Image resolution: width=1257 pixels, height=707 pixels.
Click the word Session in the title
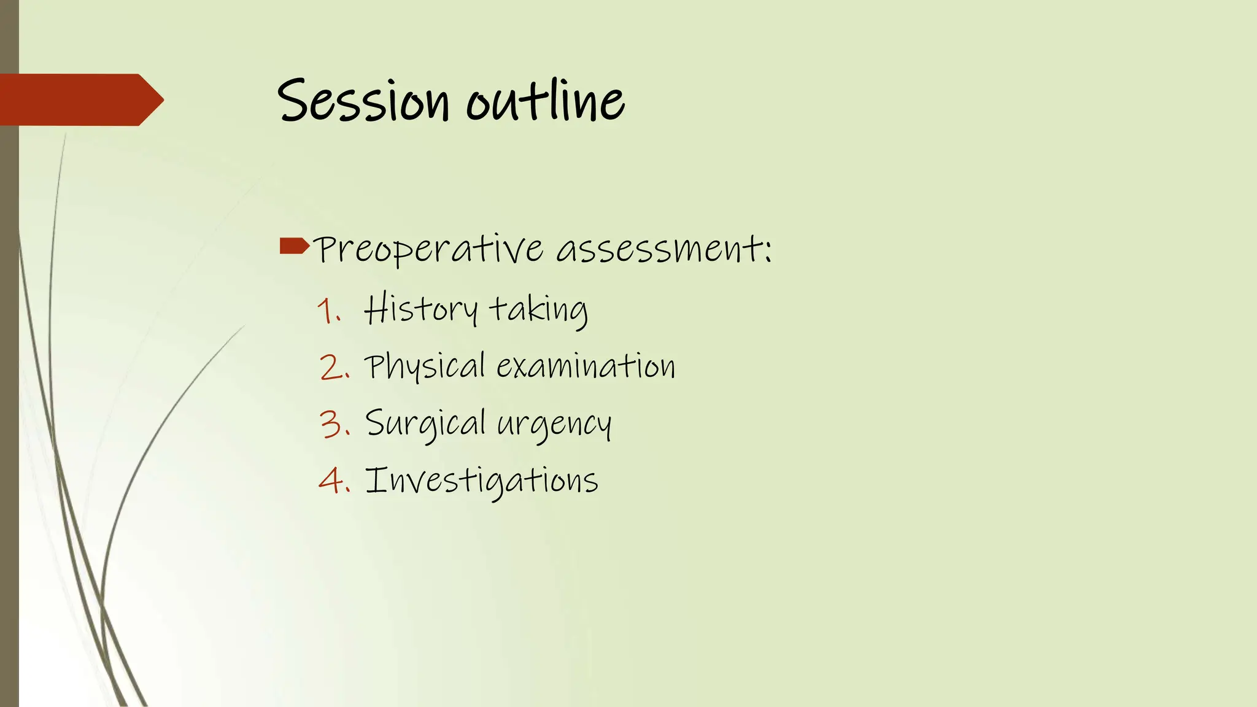[363, 101]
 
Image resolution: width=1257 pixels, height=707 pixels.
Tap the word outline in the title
[545, 101]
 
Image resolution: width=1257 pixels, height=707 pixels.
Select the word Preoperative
[428, 250]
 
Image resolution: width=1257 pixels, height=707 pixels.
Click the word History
[420, 309]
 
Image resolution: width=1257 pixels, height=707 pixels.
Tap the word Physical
[425, 367]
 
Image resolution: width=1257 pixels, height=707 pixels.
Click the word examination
[586, 366]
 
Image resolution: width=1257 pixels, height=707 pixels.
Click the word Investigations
[481, 481]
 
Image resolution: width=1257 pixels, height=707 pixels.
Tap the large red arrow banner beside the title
[80, 99]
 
